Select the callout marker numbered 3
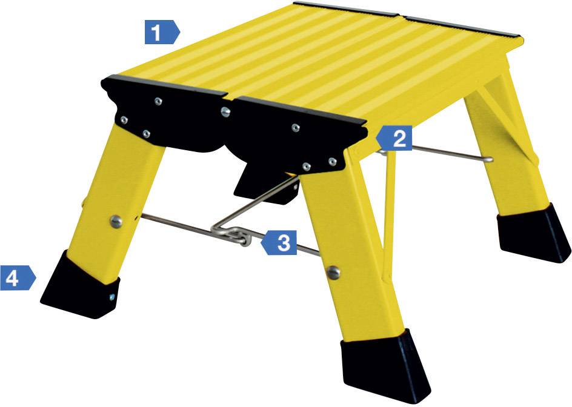coord(280,243)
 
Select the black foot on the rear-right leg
coord(534,233)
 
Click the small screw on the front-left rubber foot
coord(113,296)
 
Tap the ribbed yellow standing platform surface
coord(327,61)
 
